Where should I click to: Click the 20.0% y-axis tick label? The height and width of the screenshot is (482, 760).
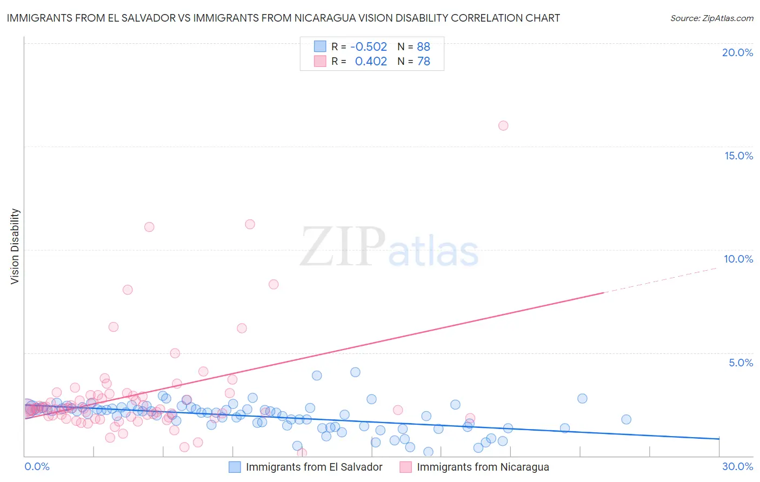[737, 52]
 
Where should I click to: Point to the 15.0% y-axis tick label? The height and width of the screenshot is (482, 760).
[738, 156]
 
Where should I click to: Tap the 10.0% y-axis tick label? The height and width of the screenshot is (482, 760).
[738, 259]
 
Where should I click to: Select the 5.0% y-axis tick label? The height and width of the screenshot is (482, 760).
[741, 363]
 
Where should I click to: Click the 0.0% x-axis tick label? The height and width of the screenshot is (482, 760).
[37, 466]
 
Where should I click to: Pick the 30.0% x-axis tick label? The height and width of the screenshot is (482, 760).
[737, 466]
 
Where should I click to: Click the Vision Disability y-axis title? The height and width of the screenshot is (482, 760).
[15, 246]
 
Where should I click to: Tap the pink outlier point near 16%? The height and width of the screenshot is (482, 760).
[503, 126]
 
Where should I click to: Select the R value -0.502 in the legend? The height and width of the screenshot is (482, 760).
[369, 47]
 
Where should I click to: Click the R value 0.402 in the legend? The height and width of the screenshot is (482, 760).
[371, 62]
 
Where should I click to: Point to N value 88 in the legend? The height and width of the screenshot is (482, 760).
[423, 47]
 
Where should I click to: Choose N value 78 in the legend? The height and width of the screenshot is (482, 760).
[423, 62]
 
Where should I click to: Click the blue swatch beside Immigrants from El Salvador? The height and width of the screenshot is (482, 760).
[235, 467]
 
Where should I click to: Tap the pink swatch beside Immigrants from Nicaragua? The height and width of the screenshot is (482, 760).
[405, 467]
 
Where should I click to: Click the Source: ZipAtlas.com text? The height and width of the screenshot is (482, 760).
[711, 18]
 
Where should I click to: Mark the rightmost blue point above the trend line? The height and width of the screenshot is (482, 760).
[626, 419]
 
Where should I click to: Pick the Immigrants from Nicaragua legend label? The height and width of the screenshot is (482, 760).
[483, 467]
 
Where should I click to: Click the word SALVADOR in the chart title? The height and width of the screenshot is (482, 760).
[145, 18]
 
